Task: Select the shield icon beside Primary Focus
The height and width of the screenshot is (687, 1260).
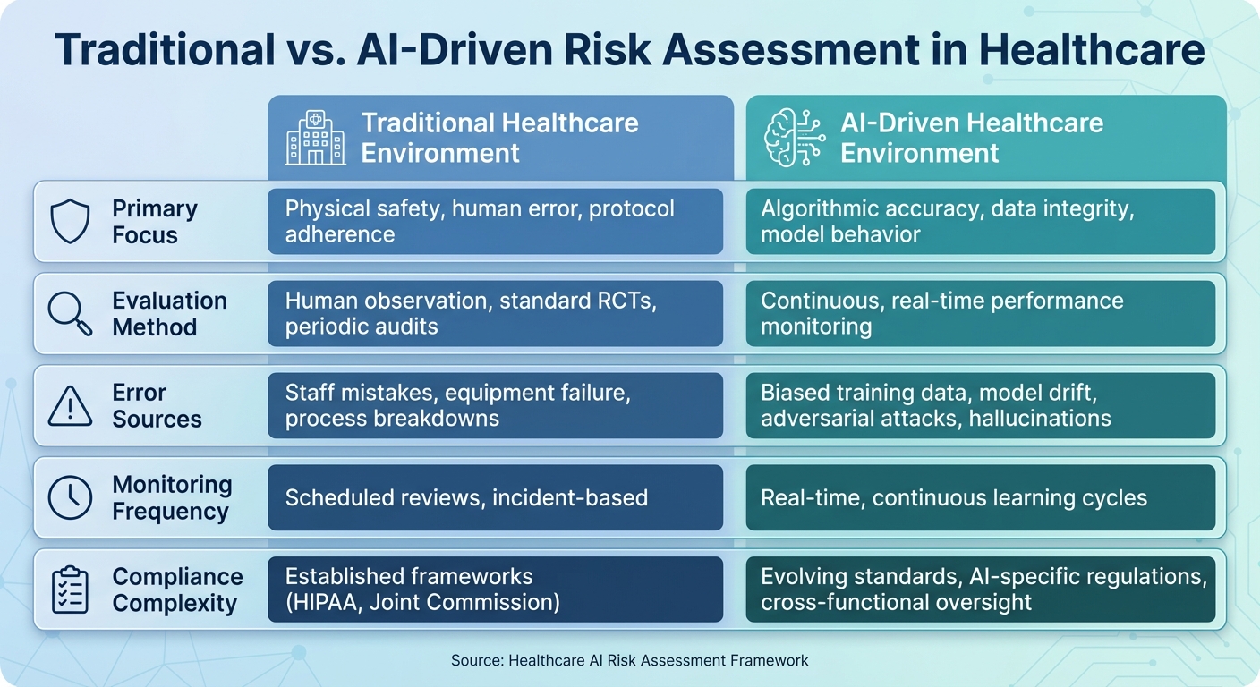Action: pos(69,222)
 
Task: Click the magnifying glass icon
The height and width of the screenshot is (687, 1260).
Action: pos(69,314)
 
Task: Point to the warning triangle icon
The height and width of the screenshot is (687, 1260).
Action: pos(69,405)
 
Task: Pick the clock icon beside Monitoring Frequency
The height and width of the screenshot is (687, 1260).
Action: pos(69,497)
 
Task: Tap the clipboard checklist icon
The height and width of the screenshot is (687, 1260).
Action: pos(69,589)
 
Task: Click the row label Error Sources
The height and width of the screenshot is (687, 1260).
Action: pos(157,406)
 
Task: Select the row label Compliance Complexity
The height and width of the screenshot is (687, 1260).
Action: pos(177,589)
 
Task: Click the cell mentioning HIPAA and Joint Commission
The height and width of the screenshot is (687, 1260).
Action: pos(495,589)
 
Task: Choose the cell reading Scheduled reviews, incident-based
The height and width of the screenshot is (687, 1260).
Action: pos(495,497)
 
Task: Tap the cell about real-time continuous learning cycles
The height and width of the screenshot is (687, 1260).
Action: pos(980,497)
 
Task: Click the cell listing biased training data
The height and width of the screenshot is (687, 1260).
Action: pos(980,405)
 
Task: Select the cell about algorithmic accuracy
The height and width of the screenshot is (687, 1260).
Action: pos(980,222)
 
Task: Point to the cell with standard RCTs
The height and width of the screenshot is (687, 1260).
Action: pos(495,314)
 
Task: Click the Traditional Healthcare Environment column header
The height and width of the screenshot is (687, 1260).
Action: pos(499,137)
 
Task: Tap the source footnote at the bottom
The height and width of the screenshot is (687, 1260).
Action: pos(629,661)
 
